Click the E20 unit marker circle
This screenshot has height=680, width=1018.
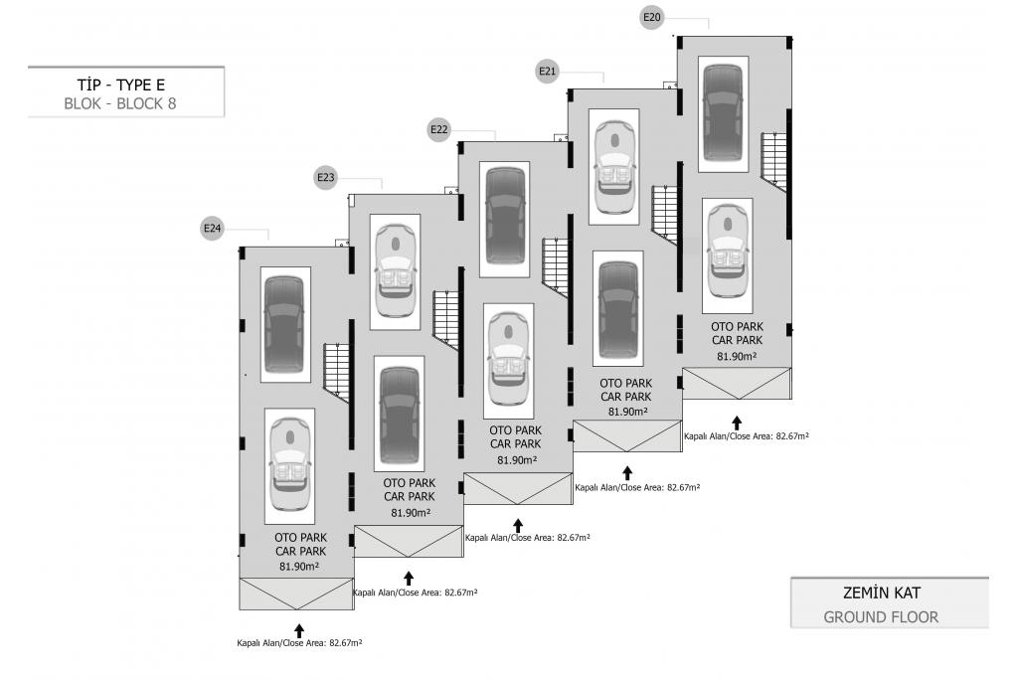click(x=652, y=17)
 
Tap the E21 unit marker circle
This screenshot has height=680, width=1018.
click(x=547, y=71)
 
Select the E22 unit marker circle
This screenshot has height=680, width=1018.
click(x=439, y=129)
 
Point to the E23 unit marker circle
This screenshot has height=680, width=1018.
click(x=326, y=178)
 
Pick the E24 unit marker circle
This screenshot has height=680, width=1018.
click(x=213, y=229)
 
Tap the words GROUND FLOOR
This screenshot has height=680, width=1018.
click(x=881, y=617)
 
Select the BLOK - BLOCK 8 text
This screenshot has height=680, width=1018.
click(x=120, y=102)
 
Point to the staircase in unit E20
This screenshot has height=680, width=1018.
click(x=773, y=159)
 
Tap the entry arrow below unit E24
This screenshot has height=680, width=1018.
click(x=298, y=629)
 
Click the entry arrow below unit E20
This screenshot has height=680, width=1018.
click(x=737, y=423)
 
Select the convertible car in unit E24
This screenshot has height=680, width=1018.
click(x=288, y=465)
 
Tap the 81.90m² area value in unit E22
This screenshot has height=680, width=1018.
click(x=516, y=459)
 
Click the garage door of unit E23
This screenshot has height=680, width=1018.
click(x=408, y=542)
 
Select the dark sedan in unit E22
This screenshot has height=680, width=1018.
click(x=505, y=221)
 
